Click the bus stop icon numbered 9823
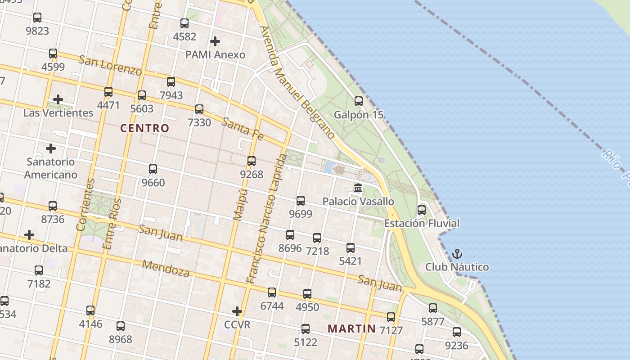click(x=37, y=18)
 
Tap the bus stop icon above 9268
click(x=252, y=161)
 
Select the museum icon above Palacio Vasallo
click(x=358, y=188)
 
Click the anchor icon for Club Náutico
click(x=457, y=254)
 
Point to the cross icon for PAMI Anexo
click(x=215, y=41)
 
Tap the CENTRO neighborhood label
click(x=145, y=128)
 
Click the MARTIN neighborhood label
click(x=351, y=328)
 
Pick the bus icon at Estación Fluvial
click(x=422, y=210)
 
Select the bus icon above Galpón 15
click(x=359, y=101)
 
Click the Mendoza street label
click(x=166, y=268)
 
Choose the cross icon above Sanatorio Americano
click(x=51, y=148)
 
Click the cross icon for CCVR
click(x=237, y=311)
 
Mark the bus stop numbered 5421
click(x=351, y=248)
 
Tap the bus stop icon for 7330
click(x=199, y=109)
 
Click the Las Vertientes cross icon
click(x=58, y=99)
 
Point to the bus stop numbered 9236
click(x=457, y=333)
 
